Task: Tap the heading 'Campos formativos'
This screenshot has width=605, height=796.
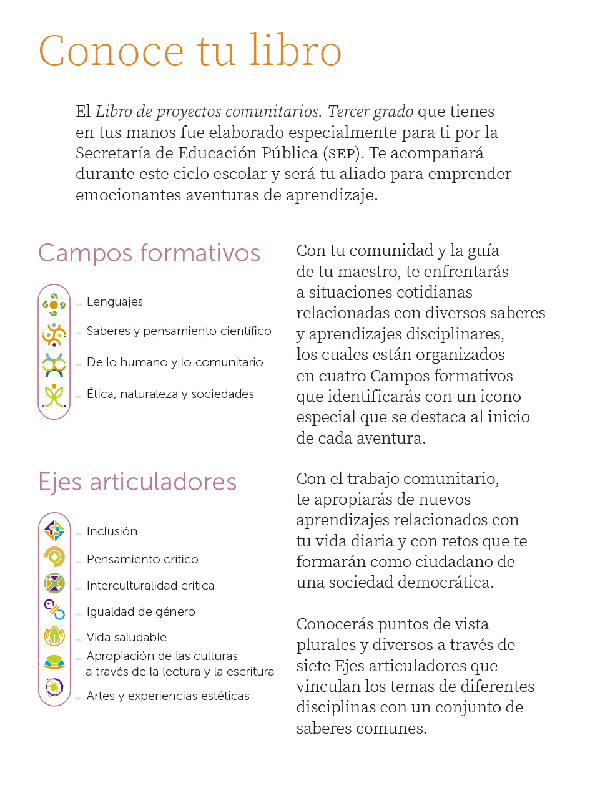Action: pos(149,253)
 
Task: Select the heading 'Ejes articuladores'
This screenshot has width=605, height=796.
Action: pos(137,482)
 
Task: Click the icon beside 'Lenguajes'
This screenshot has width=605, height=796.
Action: pos(54,304)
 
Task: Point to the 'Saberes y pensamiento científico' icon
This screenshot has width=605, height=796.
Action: pos(54,334)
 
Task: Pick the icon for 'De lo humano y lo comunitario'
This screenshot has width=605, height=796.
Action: pos(54,365)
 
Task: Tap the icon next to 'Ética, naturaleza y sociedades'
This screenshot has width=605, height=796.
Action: pos(54,396)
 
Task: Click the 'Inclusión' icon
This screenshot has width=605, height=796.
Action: pos(55,531)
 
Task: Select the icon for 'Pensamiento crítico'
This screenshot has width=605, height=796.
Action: pos(54,556)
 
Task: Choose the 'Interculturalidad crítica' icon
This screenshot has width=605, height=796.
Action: pos(54,583)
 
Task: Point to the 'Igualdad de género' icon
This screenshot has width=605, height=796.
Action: pos(54,609)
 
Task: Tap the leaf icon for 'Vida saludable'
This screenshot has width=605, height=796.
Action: pos(54,636)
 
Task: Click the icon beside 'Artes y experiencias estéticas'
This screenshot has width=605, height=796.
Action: pos(54,687)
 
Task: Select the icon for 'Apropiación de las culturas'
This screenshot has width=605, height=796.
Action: pos(54,662)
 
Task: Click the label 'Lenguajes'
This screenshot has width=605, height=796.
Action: pos(115,302)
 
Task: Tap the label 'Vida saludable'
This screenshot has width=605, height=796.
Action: pos(127,637)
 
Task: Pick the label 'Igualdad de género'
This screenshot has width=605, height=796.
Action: pos(141,611)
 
